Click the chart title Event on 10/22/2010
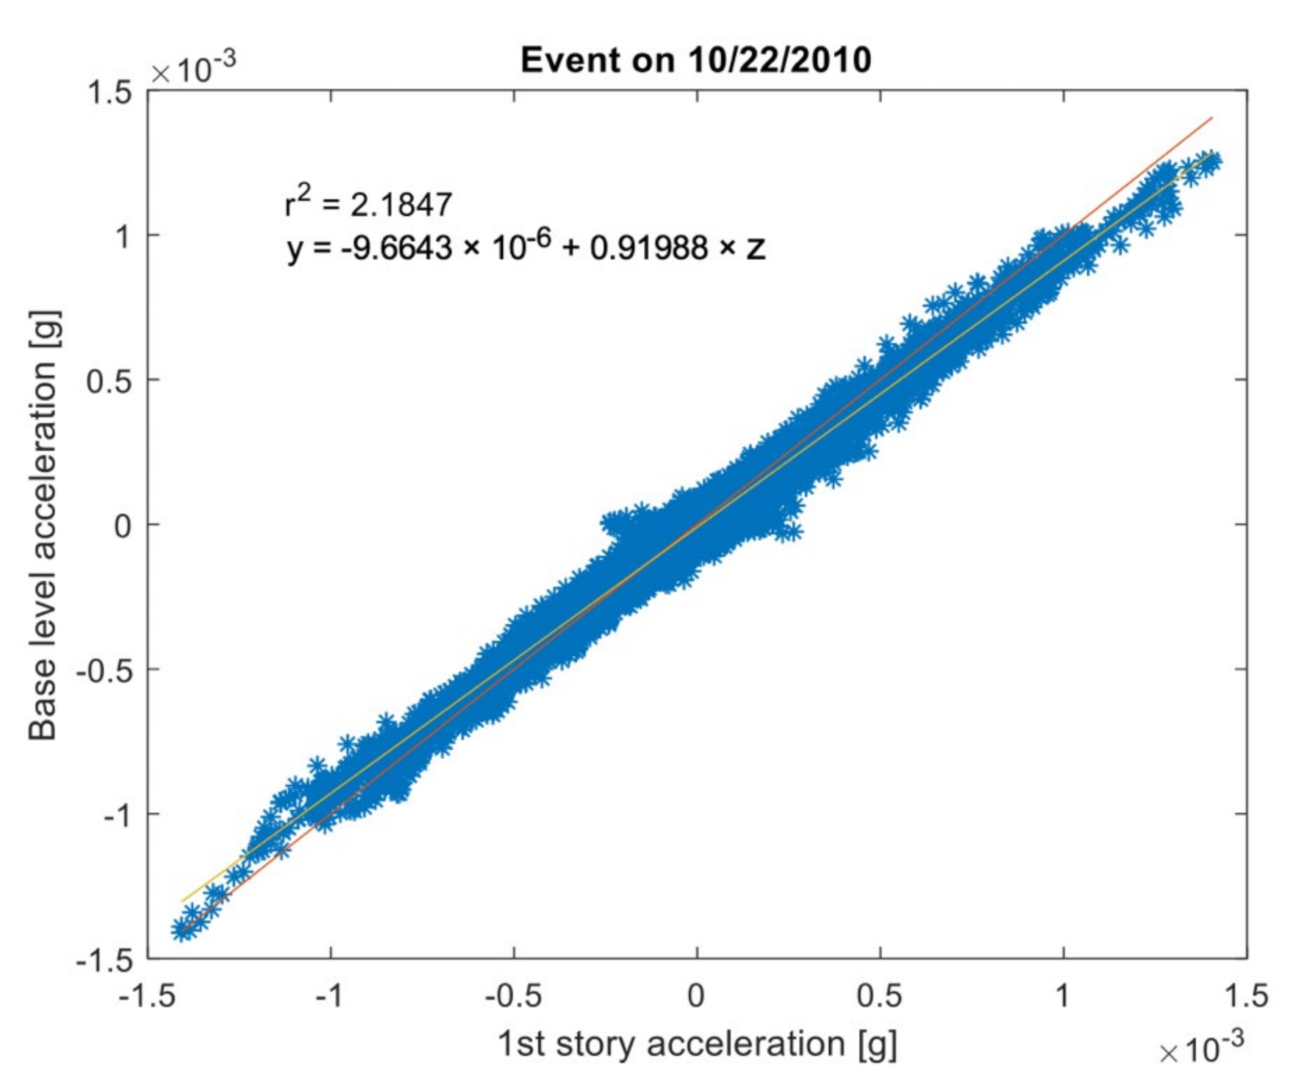click(696, 61)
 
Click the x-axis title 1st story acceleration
click(697, 1044)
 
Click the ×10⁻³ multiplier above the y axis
click(194, 70)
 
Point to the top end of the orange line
click(1212, 117)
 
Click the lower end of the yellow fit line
click(182, 902)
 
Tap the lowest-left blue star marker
click(180, 931)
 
